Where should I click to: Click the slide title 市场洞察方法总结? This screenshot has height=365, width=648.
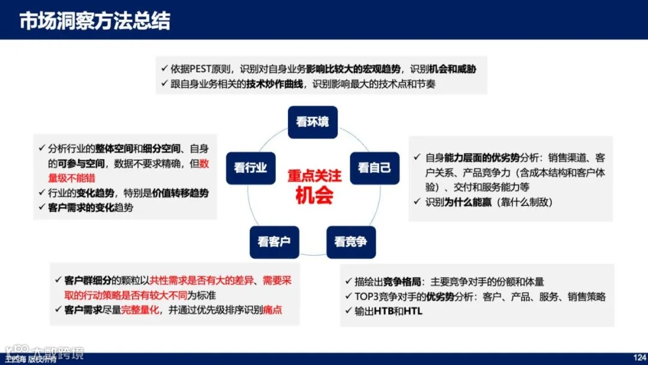tap(95, 20)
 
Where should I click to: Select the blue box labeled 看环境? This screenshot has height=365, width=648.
tap(313, 122)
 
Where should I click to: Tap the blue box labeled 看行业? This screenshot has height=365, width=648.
tap(250, 168)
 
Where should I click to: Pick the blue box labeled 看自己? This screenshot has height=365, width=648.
tap(374, 168)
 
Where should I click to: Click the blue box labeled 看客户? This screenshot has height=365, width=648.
tap(274, 242)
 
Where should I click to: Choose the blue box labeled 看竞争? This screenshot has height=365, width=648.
tap(351, 242)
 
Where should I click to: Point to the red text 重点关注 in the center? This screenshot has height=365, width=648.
tap(314, 176)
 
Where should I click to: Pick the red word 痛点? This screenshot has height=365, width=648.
tap(272, 310)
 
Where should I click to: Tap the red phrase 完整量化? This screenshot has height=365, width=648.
tap(140, 310)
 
